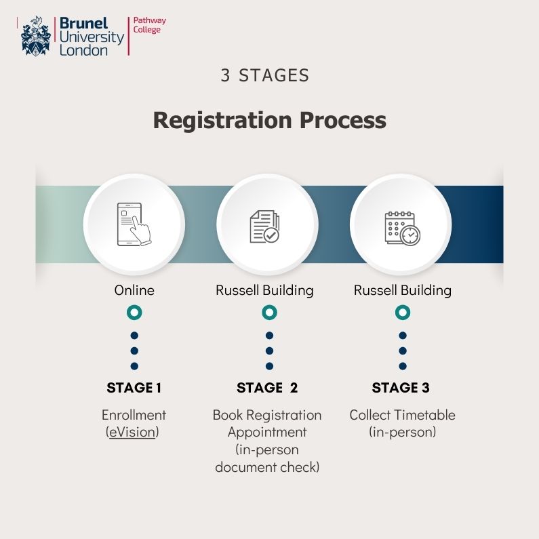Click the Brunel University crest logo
36,36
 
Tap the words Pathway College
150,25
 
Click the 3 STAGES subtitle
264,75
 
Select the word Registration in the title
222,120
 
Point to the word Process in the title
342,120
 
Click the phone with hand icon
134,224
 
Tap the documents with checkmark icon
264,226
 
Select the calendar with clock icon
402,228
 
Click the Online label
134,290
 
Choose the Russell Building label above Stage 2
264,290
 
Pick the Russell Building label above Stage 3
403,290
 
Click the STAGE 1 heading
134,388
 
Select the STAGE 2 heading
267,388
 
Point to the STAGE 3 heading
401,388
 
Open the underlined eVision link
132,432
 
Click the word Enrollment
134,415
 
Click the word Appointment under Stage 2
267,433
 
